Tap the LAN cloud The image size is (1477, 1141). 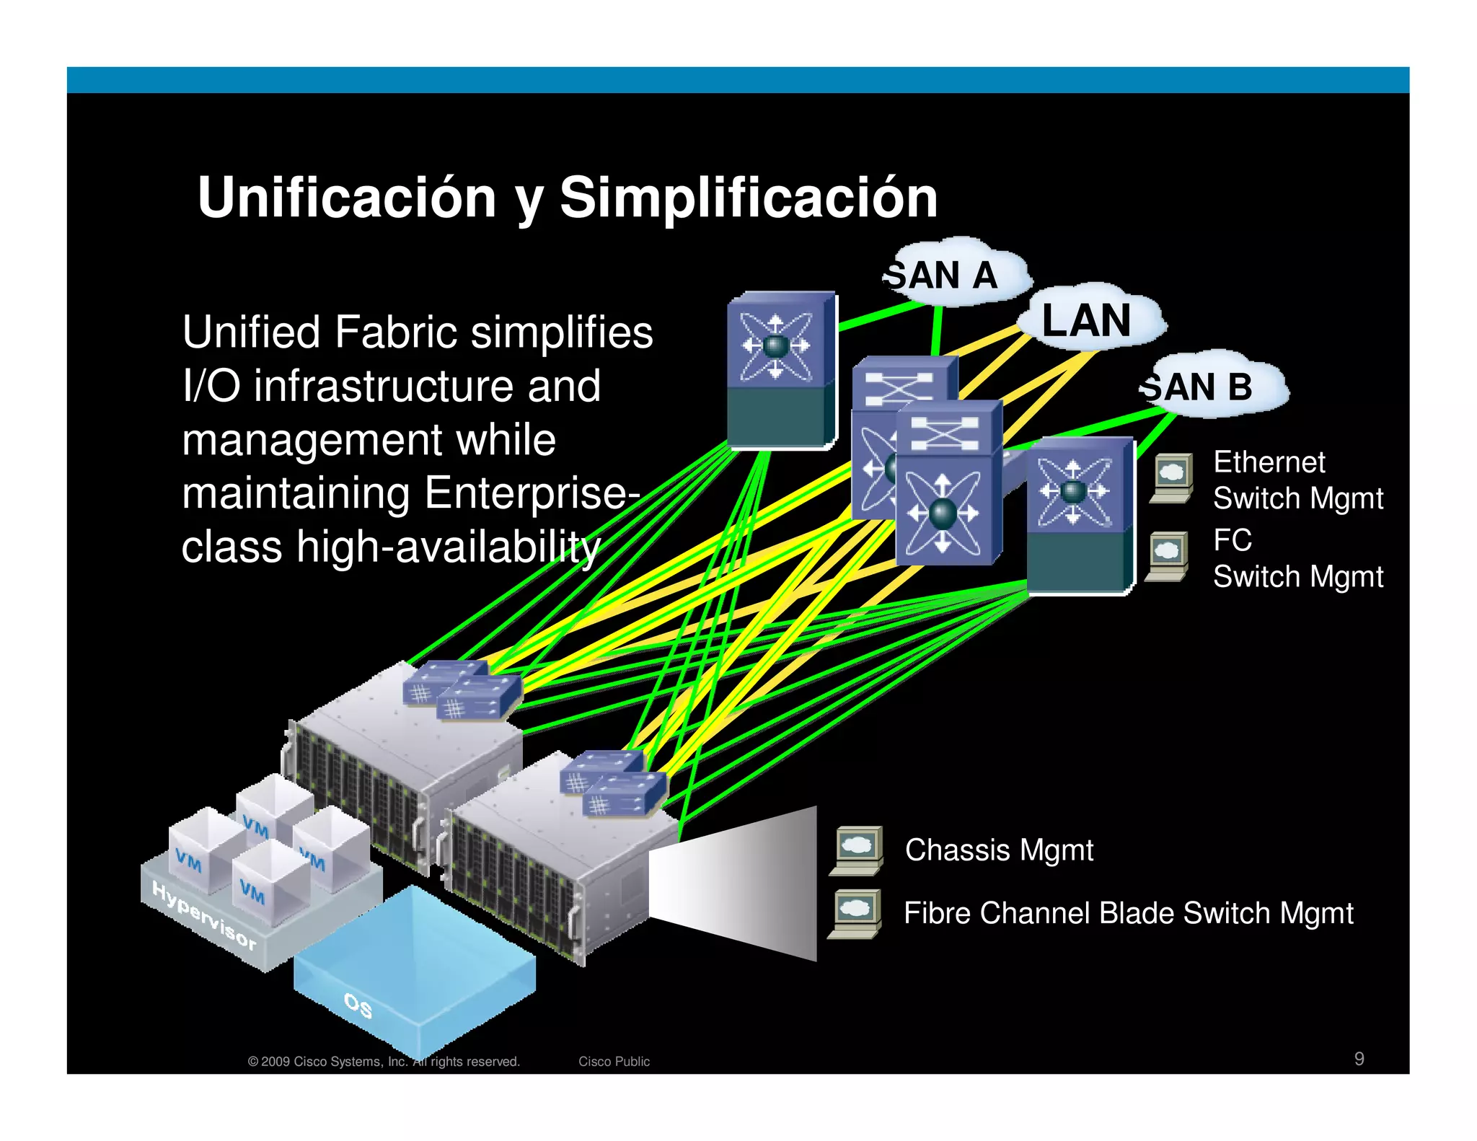pyautogui.click(x=1087, y=320)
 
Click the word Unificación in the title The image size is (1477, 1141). pyautogui.click(x=347, y=198)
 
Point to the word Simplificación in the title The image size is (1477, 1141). pyautogui.click(x=748, y=198)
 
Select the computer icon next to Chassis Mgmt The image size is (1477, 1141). pyautogui.click(x=857, y=850)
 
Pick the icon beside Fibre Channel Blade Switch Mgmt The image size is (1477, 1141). pyautogui.click(x=855, y=914)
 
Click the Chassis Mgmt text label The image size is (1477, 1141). pyautogui.click(x=999, y=850)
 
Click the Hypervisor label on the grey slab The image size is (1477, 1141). pyautogui.click(x=204, y=915)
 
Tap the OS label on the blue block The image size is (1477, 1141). pyautogui.click(x=358, y=1005)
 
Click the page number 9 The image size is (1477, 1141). pyautogui.click(x=1359, y=1059)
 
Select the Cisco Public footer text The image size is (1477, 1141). pyautogui.click(x=614, y=1062)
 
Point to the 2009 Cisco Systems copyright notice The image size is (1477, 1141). pyautogui.click(x=384, y=1062)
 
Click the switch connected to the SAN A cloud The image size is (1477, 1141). pyautogui.click(x=781, y=369)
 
